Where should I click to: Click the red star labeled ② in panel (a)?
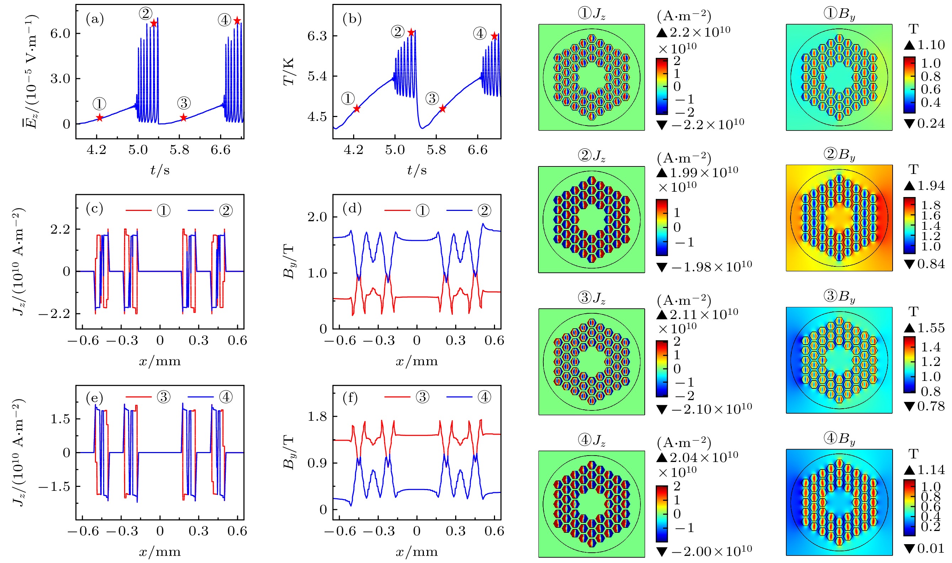pyautogui.click(x=154, y=23)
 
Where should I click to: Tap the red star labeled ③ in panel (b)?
pyautogui.click(x=442, y=109)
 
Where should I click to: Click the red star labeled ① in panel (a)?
pyautogui.click(x=99, y=118)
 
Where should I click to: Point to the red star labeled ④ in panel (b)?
pyautogui.click(x=494, y=36)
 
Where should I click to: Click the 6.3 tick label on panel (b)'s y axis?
pyautogui.click(x=317, y=36)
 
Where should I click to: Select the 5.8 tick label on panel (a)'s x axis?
pyautogui.click(x=179, y=150)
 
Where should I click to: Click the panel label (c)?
pyautogui.click(x=95, y=209)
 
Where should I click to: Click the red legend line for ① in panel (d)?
pyautogui.click(x=397, y=210)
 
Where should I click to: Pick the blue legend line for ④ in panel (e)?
pyautogui.click(x=200, y=398)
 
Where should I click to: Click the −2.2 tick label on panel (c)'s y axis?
pyautogui.click(x=54, y=314)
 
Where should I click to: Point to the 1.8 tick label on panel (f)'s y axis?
pyautogui.click(x=317, y=416)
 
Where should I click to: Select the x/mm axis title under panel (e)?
pyautogui.click(x=160, y=551)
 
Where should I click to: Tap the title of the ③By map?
pyautogui.click(x=839, y=296)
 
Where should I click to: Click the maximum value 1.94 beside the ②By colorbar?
pyautogui.click(x=930, y=186)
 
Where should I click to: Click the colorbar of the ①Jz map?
pyautogui.click(x=661, y=86)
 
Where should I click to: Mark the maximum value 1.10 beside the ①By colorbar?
pyautogui.click(x=930, y=45)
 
